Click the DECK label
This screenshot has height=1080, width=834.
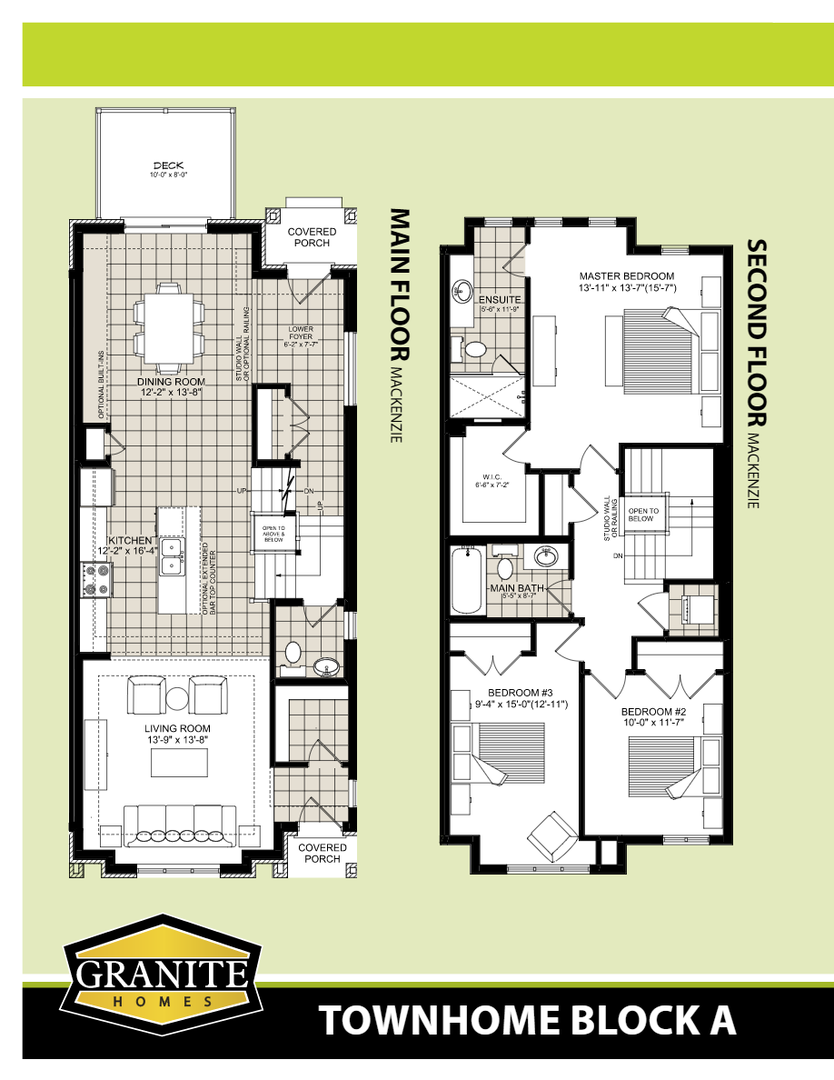(x=168, y=165)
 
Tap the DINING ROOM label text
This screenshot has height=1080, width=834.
(x=171, y=382)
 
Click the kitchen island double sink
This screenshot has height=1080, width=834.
(x=170, y=556)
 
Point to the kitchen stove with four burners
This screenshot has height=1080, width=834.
(x=96, y=577)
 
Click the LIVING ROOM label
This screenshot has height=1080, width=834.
(x=177, y=728)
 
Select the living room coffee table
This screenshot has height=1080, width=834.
(x=177, y=762)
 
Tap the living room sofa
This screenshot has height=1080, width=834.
(x=177, y=821)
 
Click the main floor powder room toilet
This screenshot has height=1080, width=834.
(x=293, y=653)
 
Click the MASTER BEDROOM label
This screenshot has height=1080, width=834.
(x=627, y=275)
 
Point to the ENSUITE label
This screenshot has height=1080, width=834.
(x=500, y=298)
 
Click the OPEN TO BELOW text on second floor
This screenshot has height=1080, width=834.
(x=643, y=515)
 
